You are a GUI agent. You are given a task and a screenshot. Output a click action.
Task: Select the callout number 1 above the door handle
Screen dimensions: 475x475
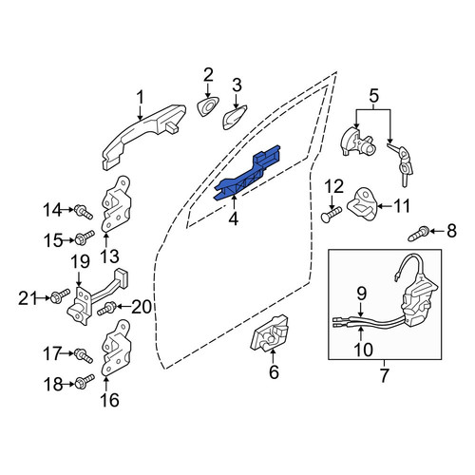[x=140, y=98]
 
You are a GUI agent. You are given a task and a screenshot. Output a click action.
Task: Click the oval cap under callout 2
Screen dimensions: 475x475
[x=208, y=106]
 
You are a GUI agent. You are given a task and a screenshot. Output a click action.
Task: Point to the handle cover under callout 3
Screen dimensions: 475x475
[x=234, y=117]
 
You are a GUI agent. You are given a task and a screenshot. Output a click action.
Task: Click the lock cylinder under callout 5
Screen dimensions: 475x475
[x=357, y=142]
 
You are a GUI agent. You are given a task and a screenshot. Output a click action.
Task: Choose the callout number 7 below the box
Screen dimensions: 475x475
[x=384, y=375]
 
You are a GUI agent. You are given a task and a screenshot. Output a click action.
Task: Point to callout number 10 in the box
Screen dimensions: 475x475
[x=363, y=350]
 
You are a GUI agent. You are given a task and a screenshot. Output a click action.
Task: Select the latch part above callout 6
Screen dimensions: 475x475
[x=270, y=332]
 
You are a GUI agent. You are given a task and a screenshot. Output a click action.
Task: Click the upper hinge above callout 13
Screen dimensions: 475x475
[x=116, y=204]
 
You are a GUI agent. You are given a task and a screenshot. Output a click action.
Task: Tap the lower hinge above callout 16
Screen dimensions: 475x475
[x=116, y=348]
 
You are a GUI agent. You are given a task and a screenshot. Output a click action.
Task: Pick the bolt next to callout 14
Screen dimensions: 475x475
[x=84, y=212]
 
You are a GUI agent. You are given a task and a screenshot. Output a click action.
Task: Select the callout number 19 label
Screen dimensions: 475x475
[x=80, y=263]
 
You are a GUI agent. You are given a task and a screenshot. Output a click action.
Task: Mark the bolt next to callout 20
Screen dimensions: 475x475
[x=106, y=309]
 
